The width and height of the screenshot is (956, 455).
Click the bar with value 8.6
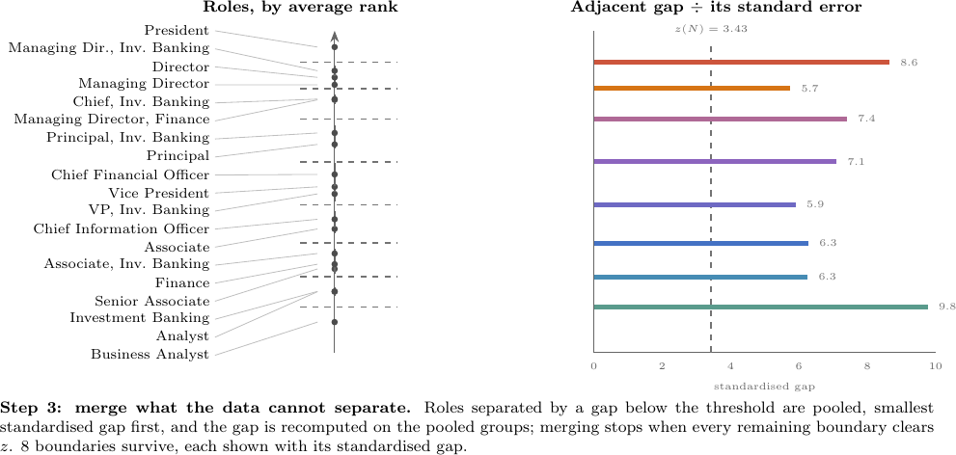[741, 62]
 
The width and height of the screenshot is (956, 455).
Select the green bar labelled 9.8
[761, 307]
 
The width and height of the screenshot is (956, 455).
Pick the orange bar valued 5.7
[692, 89]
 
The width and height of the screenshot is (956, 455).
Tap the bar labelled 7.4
[720, 119]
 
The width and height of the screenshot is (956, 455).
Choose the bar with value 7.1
[715, 162]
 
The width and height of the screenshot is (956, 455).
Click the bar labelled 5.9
[695, 204]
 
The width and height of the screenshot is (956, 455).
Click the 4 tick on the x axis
[730, 366]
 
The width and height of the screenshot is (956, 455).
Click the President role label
[177, 31]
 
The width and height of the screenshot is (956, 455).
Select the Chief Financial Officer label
[130, 175]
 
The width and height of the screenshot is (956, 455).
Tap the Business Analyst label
[150, 355]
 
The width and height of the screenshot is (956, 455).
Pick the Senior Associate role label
[151, 302]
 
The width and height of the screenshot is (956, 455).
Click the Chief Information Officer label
[122, 229]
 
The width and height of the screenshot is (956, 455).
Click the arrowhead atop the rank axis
[334, 35]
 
